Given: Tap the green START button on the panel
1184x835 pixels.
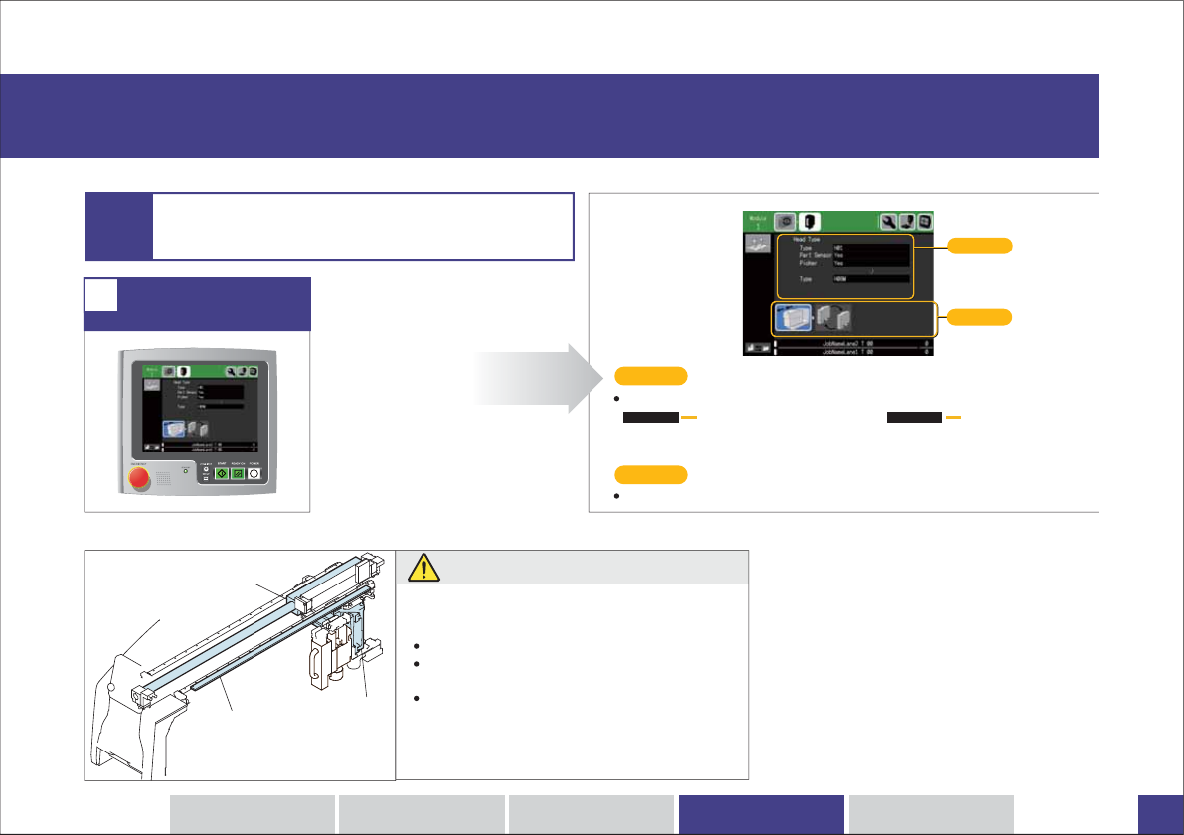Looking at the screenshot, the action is pos(223,474).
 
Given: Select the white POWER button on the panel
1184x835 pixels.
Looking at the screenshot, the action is pos(254,474).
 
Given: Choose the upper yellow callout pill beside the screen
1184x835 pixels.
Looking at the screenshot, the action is pos(980,245).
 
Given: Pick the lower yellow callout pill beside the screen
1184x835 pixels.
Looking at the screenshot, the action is pos(980,318).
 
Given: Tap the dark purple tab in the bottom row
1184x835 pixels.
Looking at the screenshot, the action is pos(761,814).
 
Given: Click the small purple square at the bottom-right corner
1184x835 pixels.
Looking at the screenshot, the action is pos(1160,814).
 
